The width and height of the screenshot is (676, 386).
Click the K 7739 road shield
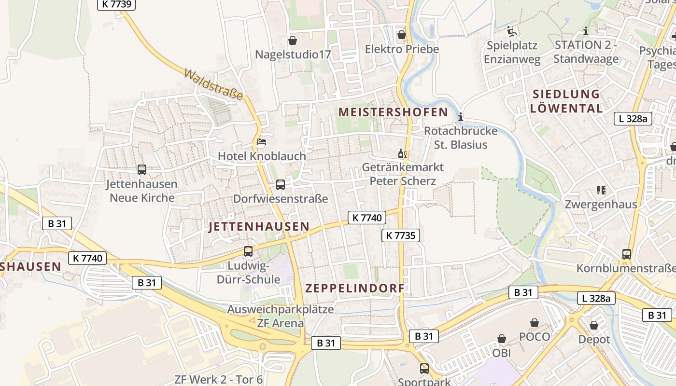coord(116,4)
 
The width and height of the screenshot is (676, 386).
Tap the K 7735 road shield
coord(401,235)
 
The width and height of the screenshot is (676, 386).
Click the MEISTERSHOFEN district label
coord(393,112)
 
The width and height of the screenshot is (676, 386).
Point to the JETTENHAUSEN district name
coord(259,226)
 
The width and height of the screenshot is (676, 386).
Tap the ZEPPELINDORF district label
coord(355,289)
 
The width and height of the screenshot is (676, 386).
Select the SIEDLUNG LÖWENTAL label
coord(566,101)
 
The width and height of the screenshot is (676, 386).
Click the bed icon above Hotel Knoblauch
coord(261,142)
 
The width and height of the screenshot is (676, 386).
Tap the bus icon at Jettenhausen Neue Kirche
coord(142,170)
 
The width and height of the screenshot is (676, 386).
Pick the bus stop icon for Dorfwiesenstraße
coord(280,184)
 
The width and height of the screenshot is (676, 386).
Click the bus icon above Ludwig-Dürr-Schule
coord(248,251)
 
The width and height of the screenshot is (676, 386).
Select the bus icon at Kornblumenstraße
coord(626,254)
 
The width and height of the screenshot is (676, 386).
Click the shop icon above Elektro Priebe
coord(401,35)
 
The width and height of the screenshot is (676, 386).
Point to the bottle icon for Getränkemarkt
coord(402,154)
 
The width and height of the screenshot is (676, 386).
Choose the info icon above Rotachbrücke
coord(461,116)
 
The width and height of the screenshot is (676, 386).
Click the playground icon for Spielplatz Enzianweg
coord(511,31)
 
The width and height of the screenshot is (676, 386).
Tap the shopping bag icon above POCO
coord(535,322)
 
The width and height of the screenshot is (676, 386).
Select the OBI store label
coord(502,353)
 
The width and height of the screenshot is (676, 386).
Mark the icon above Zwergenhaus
coord(601,190)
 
